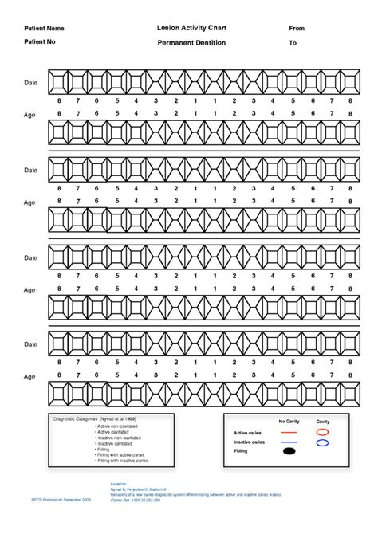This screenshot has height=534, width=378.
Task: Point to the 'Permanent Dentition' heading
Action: click(x=192, y=42)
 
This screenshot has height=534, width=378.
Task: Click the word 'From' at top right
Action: click(x=297, y=29)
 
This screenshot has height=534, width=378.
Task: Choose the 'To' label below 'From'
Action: click(x=293, y=43)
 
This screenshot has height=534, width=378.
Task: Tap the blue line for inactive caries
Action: click(x=288, y=442)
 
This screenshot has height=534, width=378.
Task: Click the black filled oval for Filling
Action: click(x=288, y=452)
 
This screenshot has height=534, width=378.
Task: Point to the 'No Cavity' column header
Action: click(x=288, y=421)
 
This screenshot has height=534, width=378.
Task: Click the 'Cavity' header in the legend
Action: click(x=323, y=421)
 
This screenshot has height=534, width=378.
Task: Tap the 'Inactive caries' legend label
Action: click(x=250, y=442)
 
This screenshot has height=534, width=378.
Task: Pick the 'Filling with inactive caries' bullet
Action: click(x=122, y=461)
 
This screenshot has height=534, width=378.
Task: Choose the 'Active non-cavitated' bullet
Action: click(x=115, y=426)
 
